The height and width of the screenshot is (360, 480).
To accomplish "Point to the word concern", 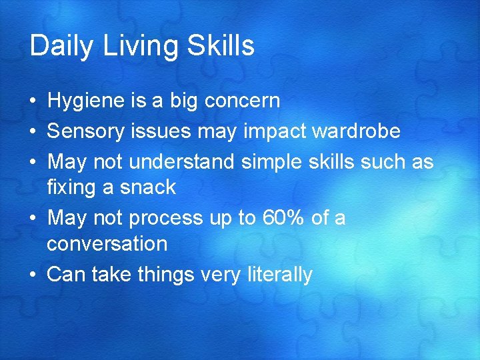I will pyautogui.click(x=243, y=101).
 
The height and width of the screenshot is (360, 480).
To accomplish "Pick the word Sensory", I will pyautogui.click(x=86, y=131).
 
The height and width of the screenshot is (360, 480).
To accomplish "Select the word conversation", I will pyautogui.click(x=107, y=244).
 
